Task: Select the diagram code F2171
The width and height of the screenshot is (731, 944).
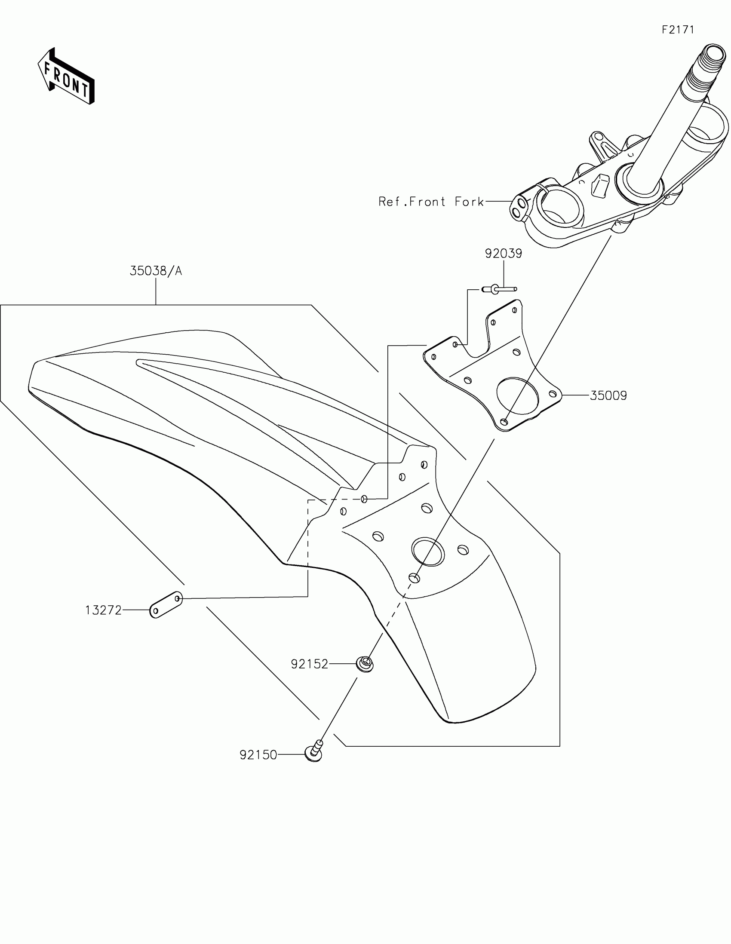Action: tap(678, 30)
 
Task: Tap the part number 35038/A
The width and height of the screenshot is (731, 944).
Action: tap(156, 271)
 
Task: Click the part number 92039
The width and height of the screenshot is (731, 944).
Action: tap(503, 253)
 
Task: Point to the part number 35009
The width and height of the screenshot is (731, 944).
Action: tap(608, 395)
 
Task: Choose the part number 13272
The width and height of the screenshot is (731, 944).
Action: tap(103, 610)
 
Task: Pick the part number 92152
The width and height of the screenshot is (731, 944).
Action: tap(310, 663)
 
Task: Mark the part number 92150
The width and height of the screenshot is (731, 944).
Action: tap(258, 755)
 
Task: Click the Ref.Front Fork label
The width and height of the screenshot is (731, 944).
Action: tap(431, 202)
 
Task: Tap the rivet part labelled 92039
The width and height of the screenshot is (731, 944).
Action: tap(498, 289)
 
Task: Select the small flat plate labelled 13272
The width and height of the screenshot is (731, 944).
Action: tap(166, 605)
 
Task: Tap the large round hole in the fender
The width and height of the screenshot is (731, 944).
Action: tap(428, 552)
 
